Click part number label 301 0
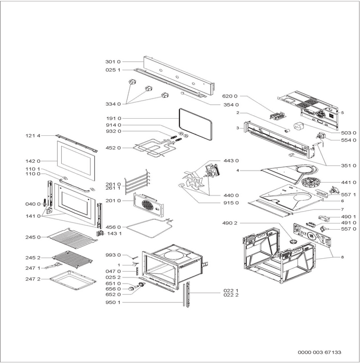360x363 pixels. click(113, 62)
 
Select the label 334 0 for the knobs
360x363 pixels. click(113, 104)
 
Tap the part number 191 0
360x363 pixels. click(113, 119)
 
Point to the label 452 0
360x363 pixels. click(113, 148)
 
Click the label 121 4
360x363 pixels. click(33, 135)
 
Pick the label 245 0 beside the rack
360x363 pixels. click(33, 237)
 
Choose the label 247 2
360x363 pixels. click(33, 279)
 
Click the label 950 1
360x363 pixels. click(113, 302)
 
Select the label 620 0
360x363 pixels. click(230, 96)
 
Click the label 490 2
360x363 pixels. click(230, 223)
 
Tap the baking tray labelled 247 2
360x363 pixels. click(73, 279)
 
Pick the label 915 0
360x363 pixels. click(230, 203)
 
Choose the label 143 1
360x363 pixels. click(115, 233)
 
